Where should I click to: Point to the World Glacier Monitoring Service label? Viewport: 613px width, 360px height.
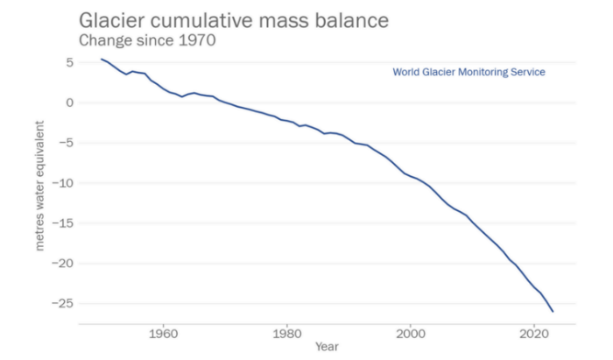tap(469, 72)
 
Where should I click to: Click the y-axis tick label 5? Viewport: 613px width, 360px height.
tap(66, 63)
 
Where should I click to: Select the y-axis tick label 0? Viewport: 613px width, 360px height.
tap(66, 102)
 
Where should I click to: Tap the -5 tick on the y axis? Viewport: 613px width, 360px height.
tap(63, 143)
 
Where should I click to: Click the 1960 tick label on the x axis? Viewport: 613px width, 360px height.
tap(163, 334)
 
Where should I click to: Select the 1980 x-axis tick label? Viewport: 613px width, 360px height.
tap(287, 334)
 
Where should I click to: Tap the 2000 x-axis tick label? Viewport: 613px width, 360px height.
tap(412, 334)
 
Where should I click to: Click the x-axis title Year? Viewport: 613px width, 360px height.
tap(327, 347)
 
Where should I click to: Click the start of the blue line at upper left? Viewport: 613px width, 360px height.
tap(102, 60)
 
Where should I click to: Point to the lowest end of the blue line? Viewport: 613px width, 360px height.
tap(553, 312)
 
